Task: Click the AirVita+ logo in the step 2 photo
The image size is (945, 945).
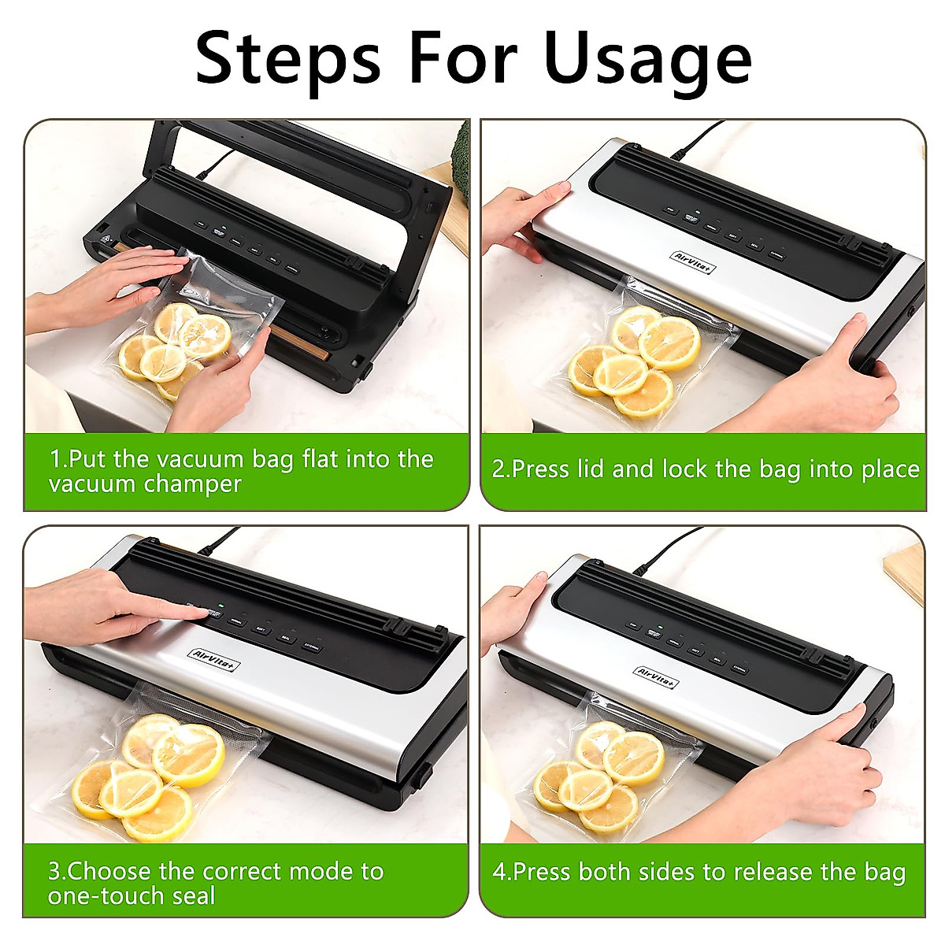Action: tap(693, 262)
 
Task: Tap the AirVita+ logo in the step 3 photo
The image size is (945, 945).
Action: tap(215, 658)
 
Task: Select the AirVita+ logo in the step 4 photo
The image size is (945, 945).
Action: tap(658, 676)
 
